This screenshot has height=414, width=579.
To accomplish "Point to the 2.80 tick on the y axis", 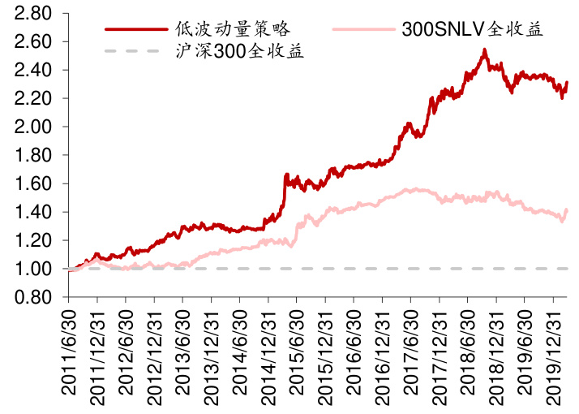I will click(x=33, y=14).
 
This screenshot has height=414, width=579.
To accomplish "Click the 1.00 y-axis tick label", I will click(x=33, y=269).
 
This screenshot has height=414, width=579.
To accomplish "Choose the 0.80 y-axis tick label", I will click(x=33, y=297).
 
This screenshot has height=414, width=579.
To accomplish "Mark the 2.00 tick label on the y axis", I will click(x=33, y=127).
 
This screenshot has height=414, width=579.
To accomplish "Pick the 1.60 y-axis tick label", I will click(x=33, y=183).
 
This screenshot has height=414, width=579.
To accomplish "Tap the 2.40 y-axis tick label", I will click(x=33, y=70).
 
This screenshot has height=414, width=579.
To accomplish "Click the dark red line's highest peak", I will click(x=484, y=50).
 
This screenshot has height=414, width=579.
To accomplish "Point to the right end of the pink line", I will click(x=566, y=210).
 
